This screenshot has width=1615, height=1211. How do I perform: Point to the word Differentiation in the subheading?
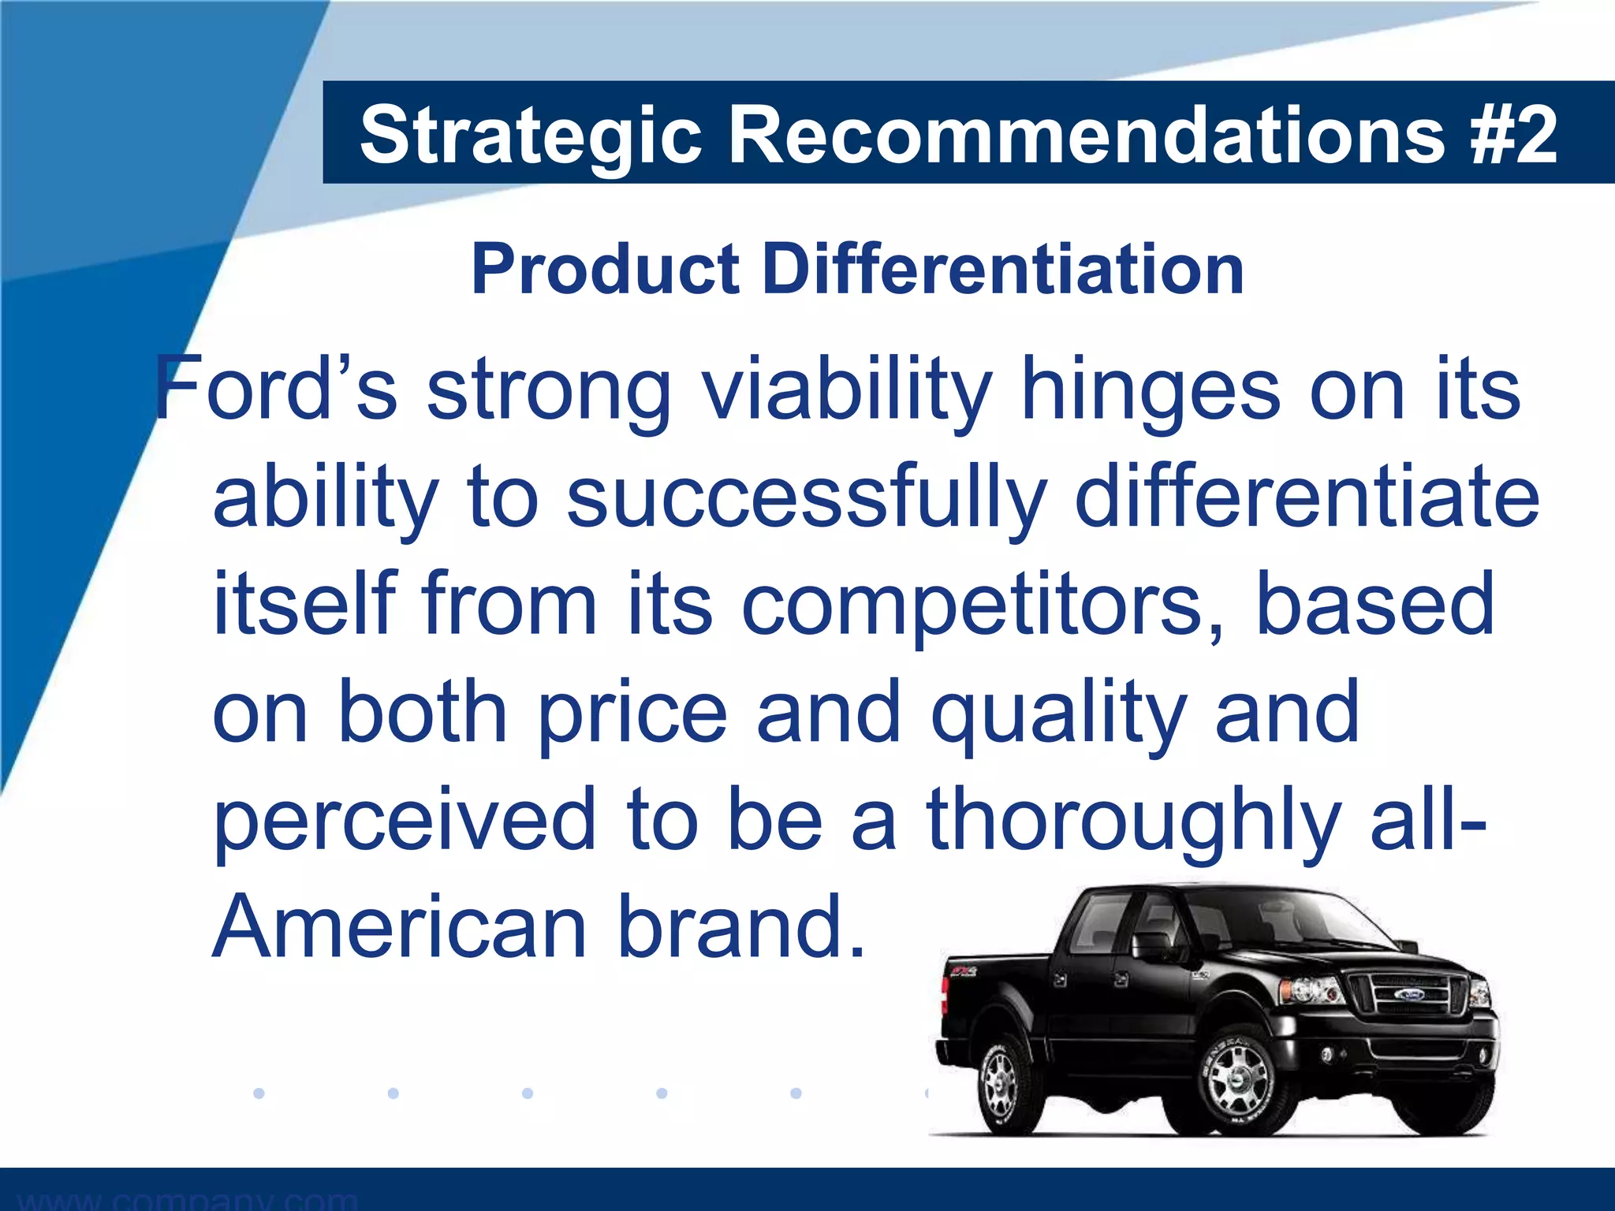[1003, 270]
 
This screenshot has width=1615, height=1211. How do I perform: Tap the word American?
[400, 927]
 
